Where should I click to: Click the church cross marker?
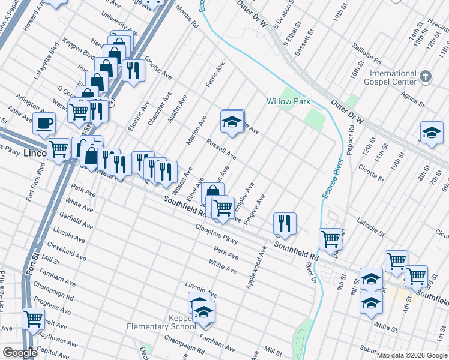(x=425, y=77)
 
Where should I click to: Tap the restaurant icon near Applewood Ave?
(x=285, y=223)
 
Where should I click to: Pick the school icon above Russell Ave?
(x=232, y=121)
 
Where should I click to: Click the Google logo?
(x=20, y=353)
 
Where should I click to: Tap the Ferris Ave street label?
(x=215, y=74)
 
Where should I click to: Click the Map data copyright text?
(x=412, y=355)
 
